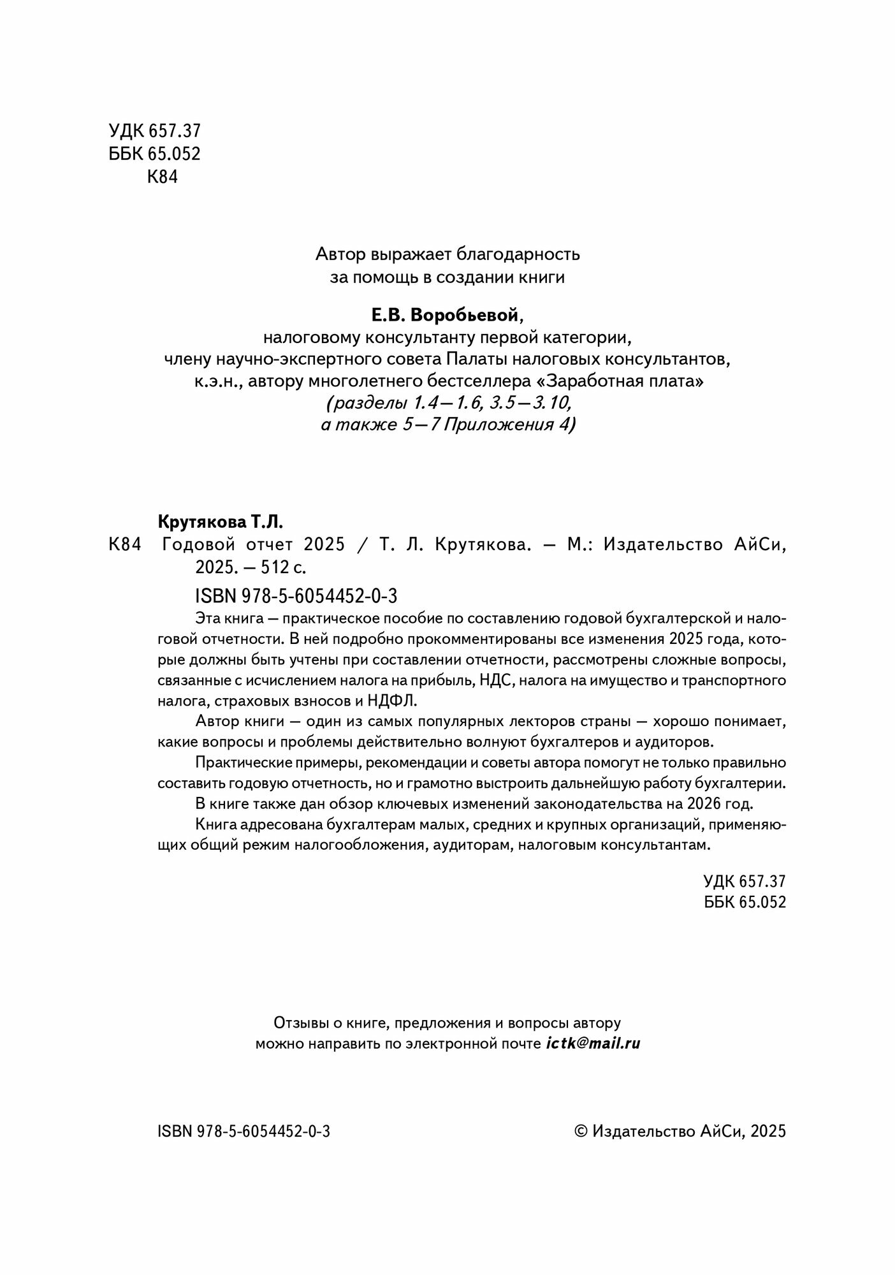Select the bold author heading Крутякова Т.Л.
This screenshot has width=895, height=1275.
pyautogui.click(x=219, y=522)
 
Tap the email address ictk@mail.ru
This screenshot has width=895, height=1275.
pyautogui.click(x=593, y=1044)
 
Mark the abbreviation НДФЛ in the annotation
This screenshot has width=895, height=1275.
pyautogui.click(x=392, y=701)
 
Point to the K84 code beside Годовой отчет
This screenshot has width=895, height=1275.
pyautogui.click(x=124, y=545)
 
